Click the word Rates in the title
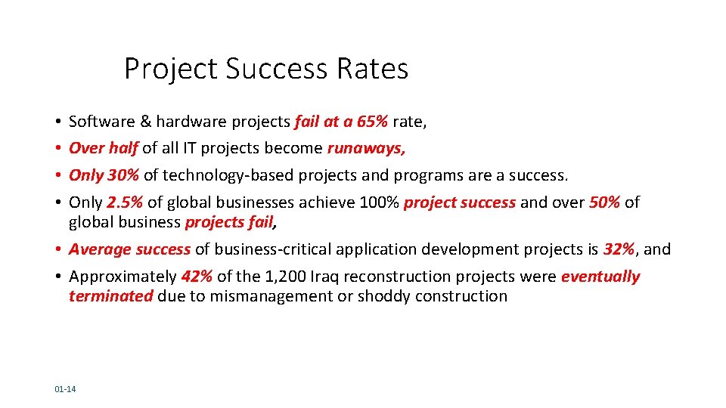[373, 69]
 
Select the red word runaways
[365, 149]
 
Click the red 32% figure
[619, 249]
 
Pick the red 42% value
[197, 277]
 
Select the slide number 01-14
[65, 389]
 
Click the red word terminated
[110, 296]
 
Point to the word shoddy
[383, 296]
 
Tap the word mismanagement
[261, 296]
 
